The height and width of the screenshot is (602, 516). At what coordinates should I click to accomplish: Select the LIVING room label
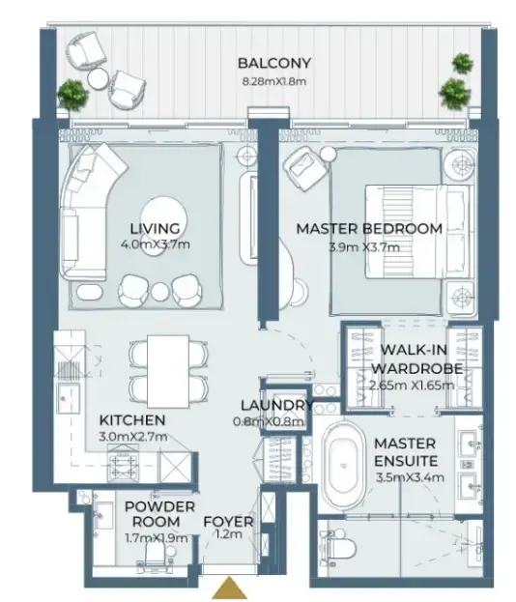coord(155,228)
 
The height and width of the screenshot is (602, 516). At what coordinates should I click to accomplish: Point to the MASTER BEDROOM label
coord(369,229)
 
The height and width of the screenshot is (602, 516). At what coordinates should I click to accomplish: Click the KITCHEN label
coord(132,421)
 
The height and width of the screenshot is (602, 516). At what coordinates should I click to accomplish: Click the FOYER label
coord(228,523)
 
